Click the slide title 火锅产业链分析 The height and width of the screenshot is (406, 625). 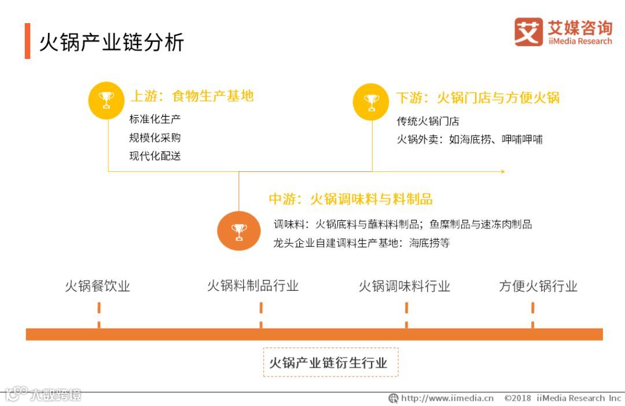pos(111,42)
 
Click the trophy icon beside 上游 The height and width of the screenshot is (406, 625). pos(106,100)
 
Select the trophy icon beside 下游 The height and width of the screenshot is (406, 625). pos(371,102)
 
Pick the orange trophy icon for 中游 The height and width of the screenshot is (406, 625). pos(239,231)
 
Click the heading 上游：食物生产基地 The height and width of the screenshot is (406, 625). pos(192,96)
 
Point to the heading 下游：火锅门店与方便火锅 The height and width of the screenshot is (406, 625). pos(477,98)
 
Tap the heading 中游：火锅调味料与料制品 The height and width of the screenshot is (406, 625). pos(351,199)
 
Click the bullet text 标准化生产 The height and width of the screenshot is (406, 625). pos(155,120)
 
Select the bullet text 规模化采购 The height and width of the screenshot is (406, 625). pos(155,138)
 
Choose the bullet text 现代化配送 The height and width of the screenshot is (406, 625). pos(155,156)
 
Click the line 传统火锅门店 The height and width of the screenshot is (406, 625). pos(428,121)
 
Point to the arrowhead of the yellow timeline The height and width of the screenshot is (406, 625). pos(503,171)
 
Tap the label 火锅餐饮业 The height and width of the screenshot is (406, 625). pos(97,286)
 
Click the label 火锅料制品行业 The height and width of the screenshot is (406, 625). pos(253,286)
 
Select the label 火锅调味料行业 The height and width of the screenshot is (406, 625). pos(404,286)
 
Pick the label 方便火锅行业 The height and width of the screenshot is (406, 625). pos(538,286)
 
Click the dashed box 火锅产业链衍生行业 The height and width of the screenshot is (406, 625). pos(330,363)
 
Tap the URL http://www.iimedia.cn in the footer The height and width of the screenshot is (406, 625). pos(447,398)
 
